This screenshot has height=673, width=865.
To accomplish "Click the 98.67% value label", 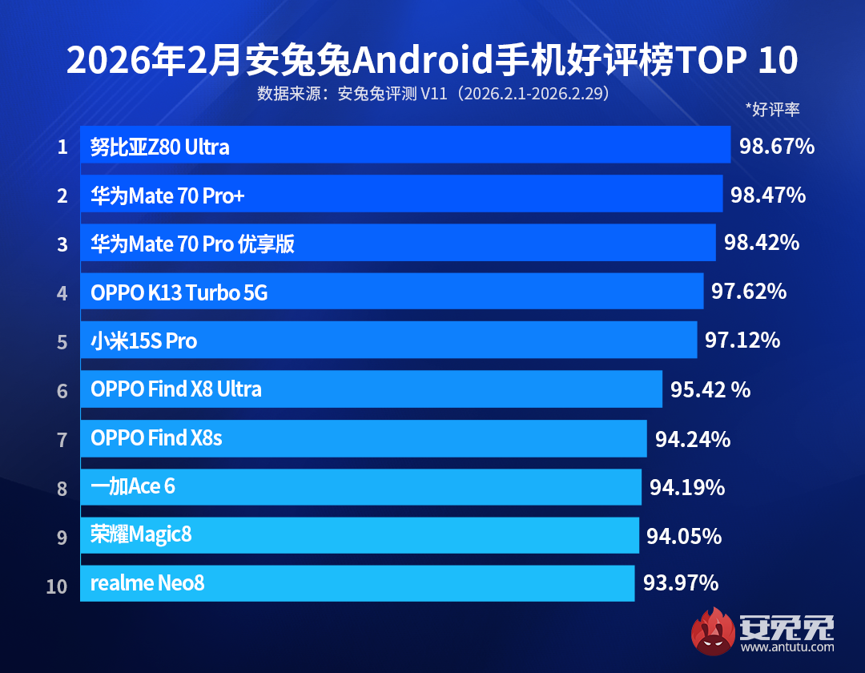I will pyautogui.click(x=776, y=146).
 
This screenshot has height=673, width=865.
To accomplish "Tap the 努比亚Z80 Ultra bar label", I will pyautogui.click(x=159, y=147).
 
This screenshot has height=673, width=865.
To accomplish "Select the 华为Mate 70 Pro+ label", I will pyautogui.click(x=167, y=195).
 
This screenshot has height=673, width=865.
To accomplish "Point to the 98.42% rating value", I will pyautogui.click(x=762, y=243).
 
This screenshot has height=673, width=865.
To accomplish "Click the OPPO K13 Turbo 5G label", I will pyautogui.click(x=179, y=293).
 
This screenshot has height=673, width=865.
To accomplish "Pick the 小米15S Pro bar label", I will pyautogui.click(x=143, y=341).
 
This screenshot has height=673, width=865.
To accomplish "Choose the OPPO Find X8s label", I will pyautogui.click(x=156, y=438).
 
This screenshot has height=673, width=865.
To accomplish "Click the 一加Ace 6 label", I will pyautogui.click(x=132, y=486).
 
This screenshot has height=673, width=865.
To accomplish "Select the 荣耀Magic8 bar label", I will pyautogui.click(x=141, y=535).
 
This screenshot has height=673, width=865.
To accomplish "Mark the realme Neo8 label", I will pyautogui.click(x=147, y=583).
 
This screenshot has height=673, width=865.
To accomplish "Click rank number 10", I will pyautogui.click(x=57, y=586).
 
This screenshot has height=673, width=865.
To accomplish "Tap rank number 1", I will pyautogui.click(x=62, y=148).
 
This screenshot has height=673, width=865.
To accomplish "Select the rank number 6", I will pyautogui.click(x=62, y=392).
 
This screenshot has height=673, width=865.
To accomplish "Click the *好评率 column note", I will pyautogui.click(x=772, y=110).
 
